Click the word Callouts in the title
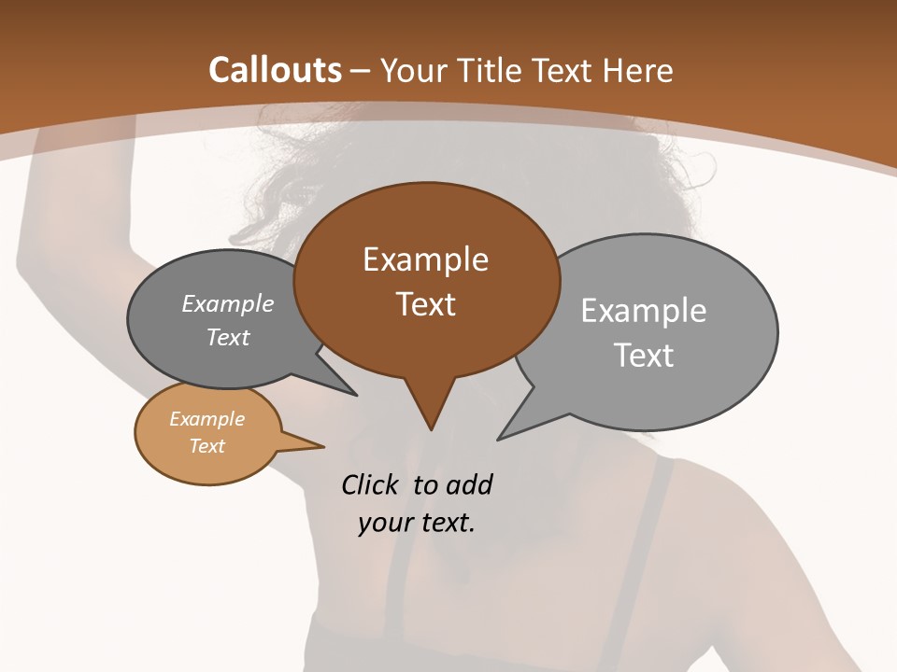(x=276, y=70)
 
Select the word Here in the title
(x=638, y=71)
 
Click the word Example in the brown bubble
(x=425, y=259)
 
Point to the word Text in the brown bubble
(x=425, y=304)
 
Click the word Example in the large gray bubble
(x=643, y=311)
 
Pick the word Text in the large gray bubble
(x=644, y=356)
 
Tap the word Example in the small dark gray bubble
(x=228, y=304)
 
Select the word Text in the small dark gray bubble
(x=228, y=337)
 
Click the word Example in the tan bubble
(x=206, y=419)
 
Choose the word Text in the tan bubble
(x=206, y=446)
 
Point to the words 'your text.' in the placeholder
(x=417, y=523)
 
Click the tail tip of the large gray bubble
(x=499, y=438)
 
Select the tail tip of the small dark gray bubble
(x=355, y=395)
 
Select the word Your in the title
(x=418, y=71)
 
